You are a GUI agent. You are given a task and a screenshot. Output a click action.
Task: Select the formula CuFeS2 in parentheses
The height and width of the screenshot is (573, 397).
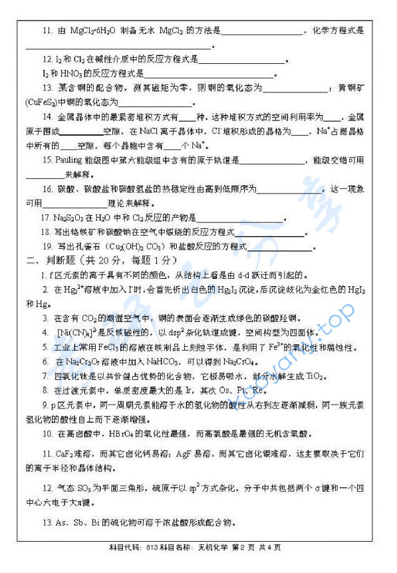[x=42, y=102]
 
